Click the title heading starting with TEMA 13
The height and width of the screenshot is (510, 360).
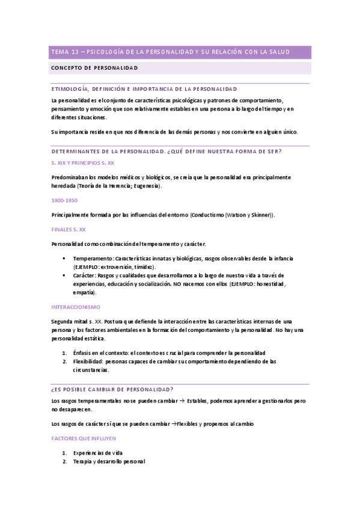tap(170, 52)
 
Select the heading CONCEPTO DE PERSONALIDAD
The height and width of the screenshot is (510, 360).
tap(94, 68)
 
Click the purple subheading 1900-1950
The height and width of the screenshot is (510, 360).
tap(64, 200)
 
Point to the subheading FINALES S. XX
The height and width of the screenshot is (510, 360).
tap(69, 229)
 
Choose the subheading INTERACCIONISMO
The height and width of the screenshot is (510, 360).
tap(75, 307)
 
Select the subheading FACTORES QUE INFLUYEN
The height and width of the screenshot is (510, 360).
tap(84, 439)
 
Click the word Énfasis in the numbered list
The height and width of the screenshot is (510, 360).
tap(83, 352)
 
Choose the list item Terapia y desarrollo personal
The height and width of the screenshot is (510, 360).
tap(109, 461)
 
